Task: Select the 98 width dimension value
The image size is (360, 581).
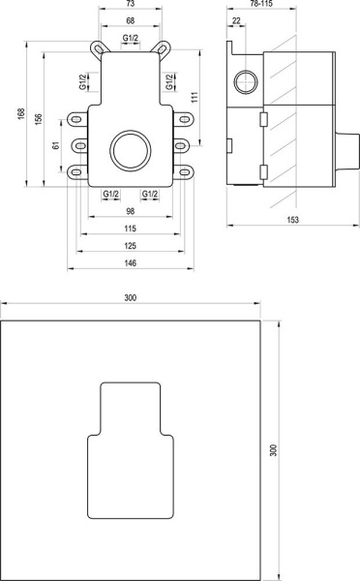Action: pos(131,212)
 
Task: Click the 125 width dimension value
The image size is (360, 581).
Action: pos(131,248)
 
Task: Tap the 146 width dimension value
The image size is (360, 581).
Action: pos(131,265)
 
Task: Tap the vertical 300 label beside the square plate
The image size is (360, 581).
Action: pos(286,451)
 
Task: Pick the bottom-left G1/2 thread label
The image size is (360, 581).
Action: pos(111,195)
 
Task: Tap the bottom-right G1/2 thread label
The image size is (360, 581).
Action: pos(150,195)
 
